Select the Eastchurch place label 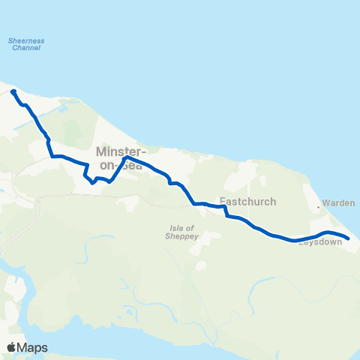click(248, 202)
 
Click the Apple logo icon click(11, 347)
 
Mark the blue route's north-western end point click(13, 91)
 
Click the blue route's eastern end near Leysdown click(348, 239)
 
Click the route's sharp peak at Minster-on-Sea click(125, 157)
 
